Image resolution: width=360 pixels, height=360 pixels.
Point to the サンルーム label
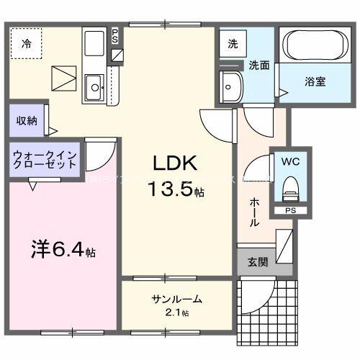[176, 300]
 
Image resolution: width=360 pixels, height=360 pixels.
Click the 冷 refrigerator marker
[26, 44]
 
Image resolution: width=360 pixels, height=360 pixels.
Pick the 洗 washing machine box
[233, 43]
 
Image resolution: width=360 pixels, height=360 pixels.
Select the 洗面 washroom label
[259, 64]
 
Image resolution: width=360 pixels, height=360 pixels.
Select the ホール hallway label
[255, 212]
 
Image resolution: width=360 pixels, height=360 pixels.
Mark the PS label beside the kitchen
[117, 35]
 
